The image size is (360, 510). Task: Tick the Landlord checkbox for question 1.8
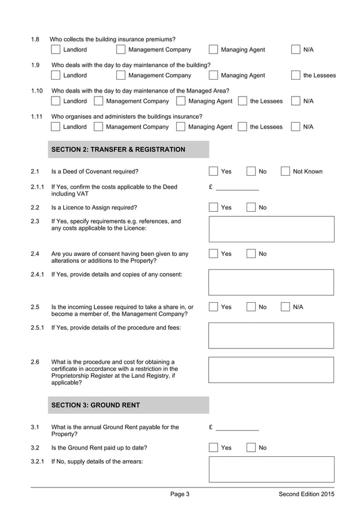55,50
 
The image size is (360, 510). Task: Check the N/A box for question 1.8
296,50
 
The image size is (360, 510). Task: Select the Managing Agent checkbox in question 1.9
213,75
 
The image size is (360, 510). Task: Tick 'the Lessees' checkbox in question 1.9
296,75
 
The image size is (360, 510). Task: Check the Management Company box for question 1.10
98,101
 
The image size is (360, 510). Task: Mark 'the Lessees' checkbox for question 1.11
242,127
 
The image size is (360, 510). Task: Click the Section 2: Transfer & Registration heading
118,150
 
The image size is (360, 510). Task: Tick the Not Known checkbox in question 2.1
285,171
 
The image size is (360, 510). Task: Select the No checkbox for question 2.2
251,207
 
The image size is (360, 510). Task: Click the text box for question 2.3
271,229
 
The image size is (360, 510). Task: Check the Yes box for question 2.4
213,254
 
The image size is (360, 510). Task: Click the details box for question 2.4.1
271,282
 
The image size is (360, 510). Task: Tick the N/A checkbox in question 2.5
285,307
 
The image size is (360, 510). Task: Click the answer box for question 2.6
271,369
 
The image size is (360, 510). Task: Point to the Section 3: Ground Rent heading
95,405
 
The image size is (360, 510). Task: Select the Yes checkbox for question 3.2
213,448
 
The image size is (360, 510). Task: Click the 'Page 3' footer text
180,494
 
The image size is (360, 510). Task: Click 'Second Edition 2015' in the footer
306,494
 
